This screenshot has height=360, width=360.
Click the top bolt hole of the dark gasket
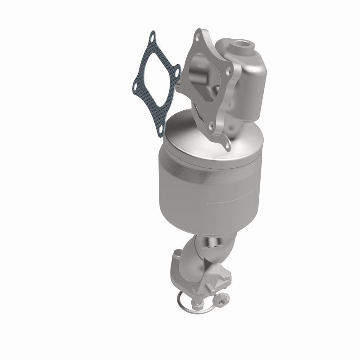tap(153, 36)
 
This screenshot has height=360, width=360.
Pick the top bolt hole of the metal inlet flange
tap(198, 34)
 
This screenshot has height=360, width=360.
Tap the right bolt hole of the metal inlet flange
tap(231, 70)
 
